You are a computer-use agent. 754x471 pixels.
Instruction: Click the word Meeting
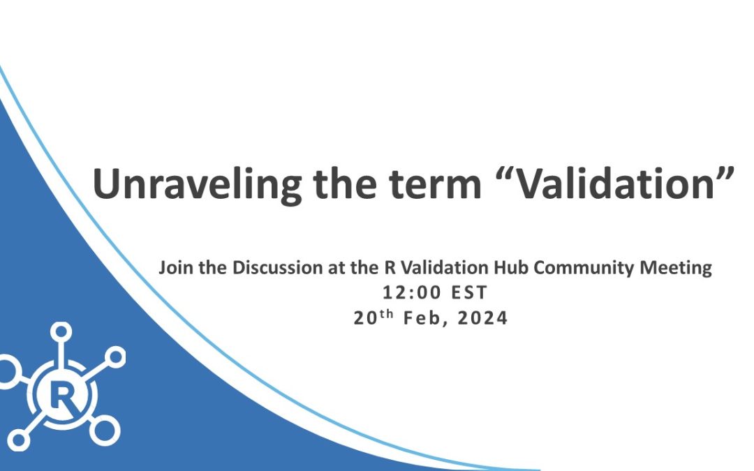pos(681,269)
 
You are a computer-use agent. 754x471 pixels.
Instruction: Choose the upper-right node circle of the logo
pos(117,358)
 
